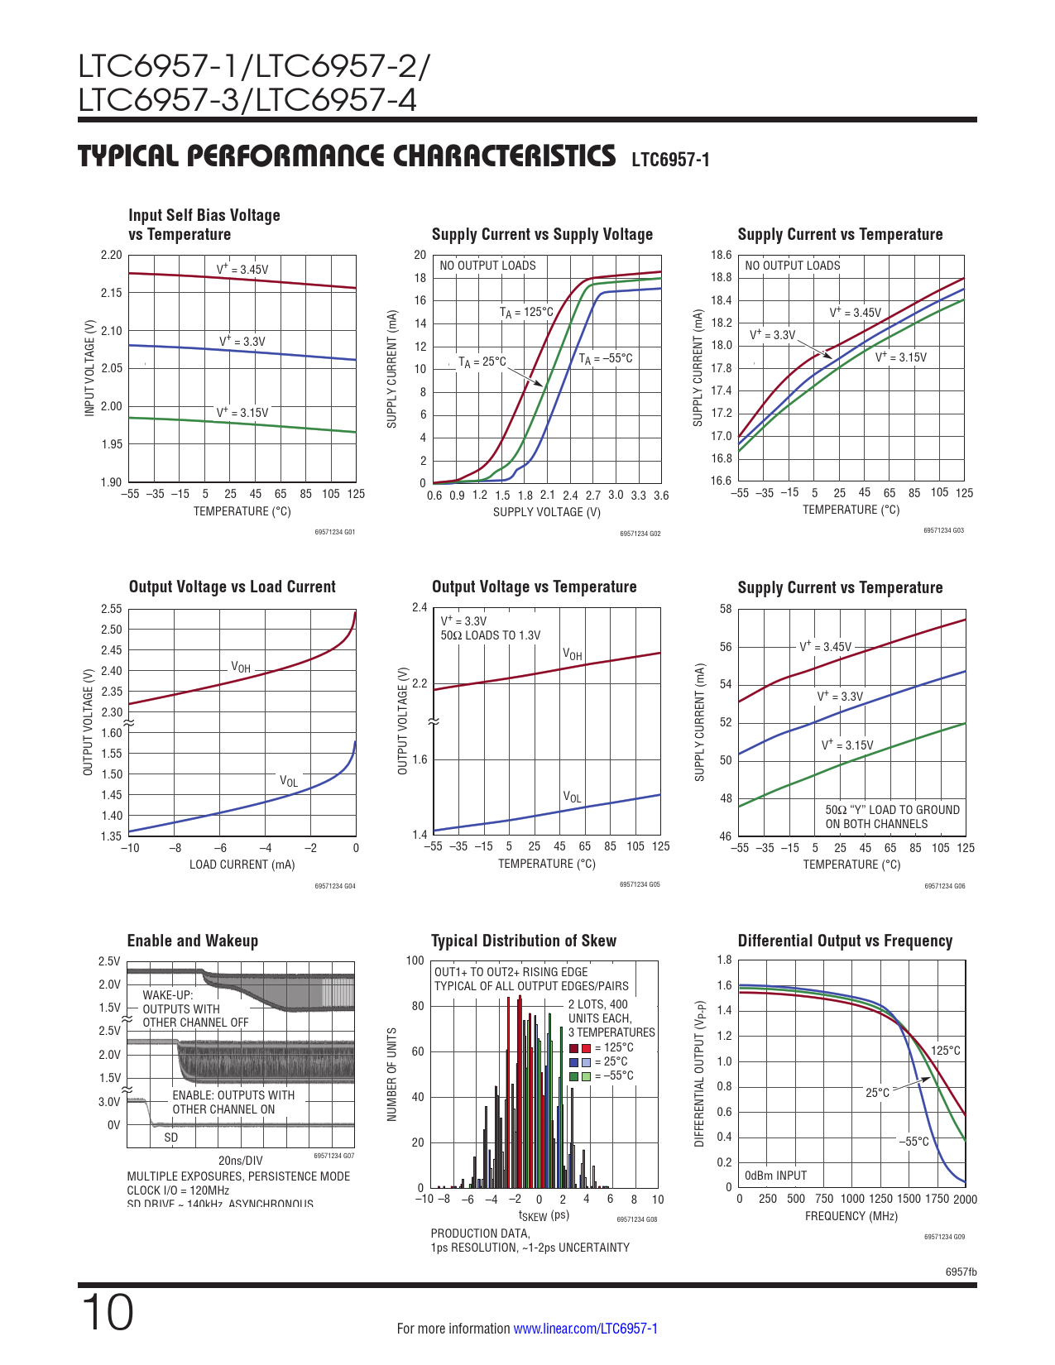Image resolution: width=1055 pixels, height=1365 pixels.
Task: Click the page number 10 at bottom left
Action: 107,1313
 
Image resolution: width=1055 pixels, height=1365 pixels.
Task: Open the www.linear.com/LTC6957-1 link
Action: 585,1329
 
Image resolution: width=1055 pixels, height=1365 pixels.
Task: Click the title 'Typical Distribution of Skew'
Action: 523,941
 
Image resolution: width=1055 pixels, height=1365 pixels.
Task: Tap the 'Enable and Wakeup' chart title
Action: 192,941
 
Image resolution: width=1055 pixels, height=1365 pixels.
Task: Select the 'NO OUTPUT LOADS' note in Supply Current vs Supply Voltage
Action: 487,266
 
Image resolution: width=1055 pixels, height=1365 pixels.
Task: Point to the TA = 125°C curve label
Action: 526,312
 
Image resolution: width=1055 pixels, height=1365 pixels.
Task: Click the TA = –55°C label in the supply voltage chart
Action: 605,358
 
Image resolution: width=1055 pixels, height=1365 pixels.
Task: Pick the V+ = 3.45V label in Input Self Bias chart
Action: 242,269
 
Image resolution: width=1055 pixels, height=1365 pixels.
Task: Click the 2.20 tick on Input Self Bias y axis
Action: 111,255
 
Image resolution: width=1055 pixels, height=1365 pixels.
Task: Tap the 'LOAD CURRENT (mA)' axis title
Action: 242,864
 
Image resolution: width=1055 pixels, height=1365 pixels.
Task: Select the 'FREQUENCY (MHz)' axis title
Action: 851,1216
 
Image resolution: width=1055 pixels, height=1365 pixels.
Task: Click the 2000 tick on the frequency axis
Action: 965,1200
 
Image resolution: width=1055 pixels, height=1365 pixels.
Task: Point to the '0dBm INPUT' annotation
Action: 775,1176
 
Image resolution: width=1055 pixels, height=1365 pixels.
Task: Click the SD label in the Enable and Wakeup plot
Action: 170,1137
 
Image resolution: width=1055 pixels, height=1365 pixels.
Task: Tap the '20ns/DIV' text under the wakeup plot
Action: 240,1161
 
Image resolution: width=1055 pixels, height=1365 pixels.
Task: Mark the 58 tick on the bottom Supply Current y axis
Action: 726,610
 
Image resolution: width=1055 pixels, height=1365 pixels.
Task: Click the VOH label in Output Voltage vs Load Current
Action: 240,668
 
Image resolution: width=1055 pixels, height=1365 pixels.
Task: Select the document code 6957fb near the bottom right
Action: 961,1272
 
